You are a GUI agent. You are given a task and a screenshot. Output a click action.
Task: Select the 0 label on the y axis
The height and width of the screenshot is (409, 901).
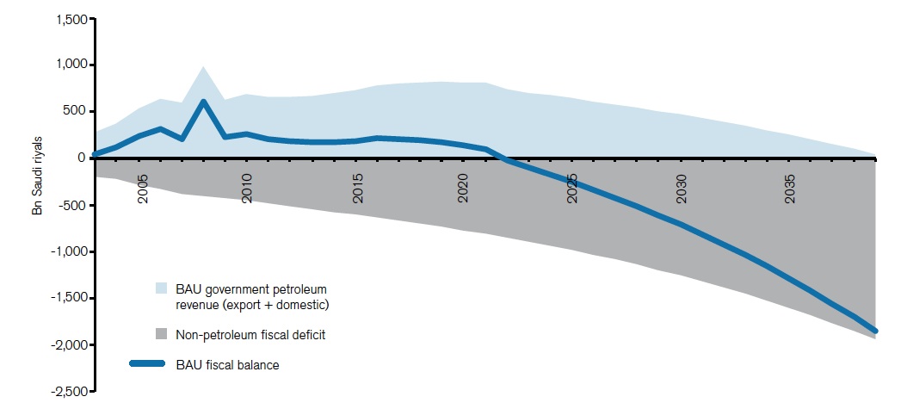82,158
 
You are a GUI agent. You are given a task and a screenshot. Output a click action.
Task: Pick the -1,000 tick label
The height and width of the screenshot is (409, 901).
69,251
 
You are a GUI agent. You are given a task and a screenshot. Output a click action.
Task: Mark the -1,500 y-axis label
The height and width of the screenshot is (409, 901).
69,298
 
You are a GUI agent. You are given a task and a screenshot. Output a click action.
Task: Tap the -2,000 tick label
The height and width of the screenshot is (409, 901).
69,344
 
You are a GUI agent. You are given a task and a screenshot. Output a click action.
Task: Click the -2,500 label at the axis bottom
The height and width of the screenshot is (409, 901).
69,391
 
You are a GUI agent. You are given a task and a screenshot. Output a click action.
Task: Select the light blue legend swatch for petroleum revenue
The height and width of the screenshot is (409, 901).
162,288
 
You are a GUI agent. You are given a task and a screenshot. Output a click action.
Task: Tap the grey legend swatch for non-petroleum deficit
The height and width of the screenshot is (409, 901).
162,334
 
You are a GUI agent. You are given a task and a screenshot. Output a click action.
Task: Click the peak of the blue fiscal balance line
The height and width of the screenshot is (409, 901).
203,102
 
